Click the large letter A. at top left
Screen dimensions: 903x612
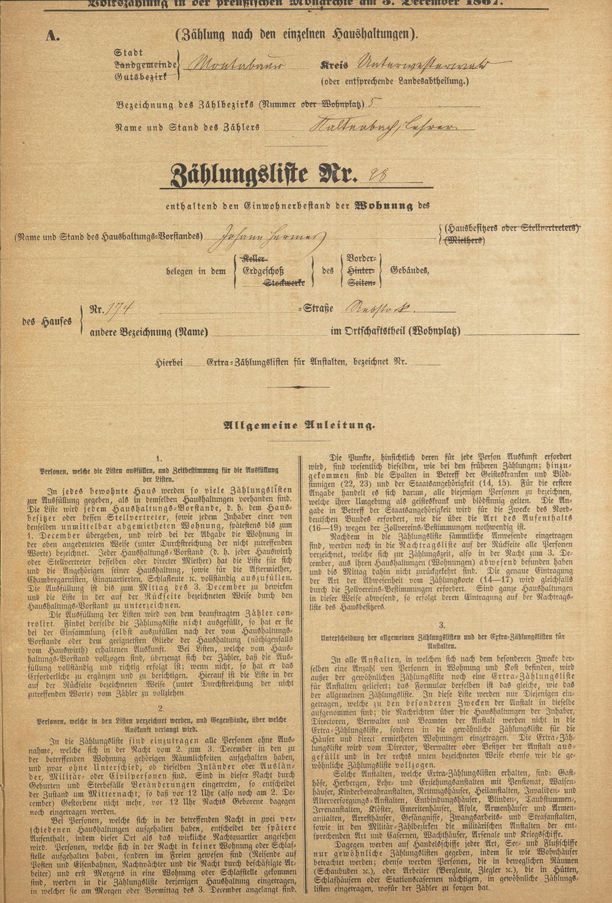coord(53,36)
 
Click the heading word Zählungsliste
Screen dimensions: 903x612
coord(239,176)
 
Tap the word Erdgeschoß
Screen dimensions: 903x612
coord(270,271)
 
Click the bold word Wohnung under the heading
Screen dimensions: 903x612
coord(384,206)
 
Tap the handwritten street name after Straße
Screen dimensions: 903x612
coord(382,308)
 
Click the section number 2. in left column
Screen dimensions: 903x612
coord(160,709)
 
